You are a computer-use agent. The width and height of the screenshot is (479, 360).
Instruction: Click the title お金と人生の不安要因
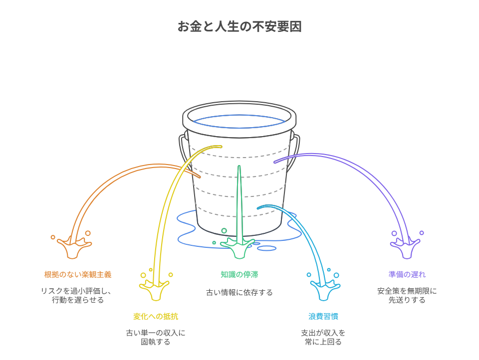239,26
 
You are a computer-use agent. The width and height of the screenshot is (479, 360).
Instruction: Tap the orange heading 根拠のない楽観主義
77,274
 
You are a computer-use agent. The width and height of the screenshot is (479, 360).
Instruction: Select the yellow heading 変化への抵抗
155,316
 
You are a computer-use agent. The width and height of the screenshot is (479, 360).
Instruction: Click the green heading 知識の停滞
239,274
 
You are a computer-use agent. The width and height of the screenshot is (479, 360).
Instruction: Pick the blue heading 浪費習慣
323,316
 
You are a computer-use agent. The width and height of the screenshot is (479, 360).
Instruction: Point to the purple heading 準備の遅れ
407,274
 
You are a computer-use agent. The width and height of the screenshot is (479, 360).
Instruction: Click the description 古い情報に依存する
239,293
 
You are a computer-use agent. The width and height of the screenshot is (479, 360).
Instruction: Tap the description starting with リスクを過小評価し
77,295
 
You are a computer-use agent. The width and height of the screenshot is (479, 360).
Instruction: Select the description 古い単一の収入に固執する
155,337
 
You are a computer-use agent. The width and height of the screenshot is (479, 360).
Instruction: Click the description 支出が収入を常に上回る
323,337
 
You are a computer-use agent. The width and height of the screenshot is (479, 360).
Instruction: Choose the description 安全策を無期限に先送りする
407,295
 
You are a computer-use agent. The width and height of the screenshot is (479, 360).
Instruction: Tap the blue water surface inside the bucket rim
239,120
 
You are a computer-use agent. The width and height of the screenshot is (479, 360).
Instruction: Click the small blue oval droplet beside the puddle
266,248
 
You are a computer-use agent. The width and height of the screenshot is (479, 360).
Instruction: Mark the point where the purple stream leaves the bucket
275,162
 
